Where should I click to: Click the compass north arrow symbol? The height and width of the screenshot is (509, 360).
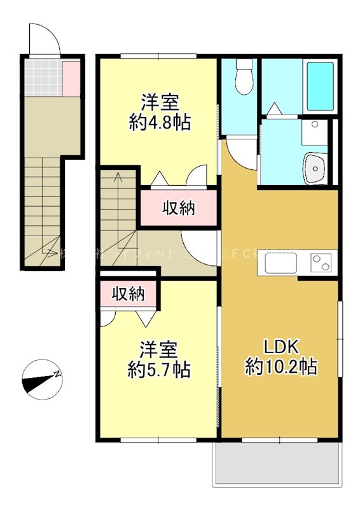click(x=42, y=380)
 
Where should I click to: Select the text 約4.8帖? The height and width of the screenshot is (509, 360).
click(x=159, y=122)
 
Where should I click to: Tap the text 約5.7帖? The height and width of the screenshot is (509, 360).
click(x=159, y=370)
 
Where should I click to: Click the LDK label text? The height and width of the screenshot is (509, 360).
click(x=280, y=346)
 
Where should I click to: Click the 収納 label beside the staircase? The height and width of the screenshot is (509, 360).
click(x=178, y=207)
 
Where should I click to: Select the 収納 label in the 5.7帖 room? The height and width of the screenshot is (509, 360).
click(x=128, y=294)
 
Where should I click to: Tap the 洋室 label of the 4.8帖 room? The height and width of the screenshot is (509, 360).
click(x=159, y=101)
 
